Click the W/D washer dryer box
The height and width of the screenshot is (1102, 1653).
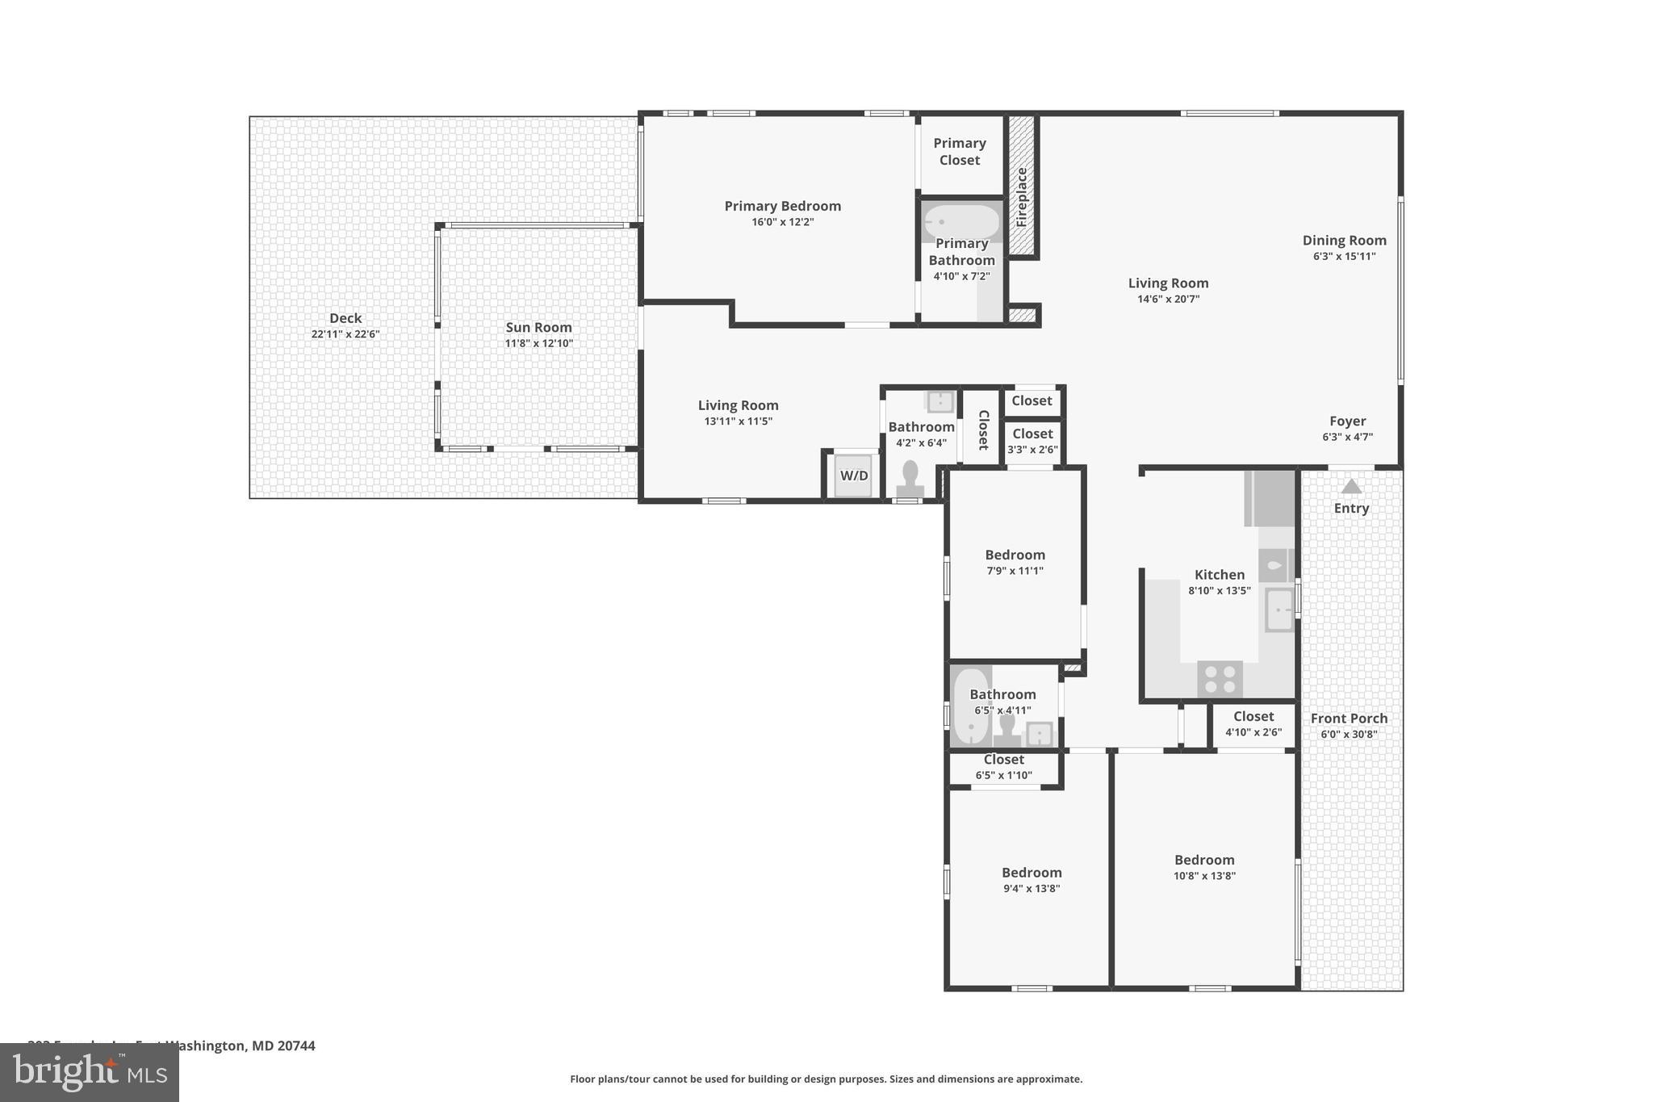854,476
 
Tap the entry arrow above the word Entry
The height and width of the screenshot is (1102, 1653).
1351,486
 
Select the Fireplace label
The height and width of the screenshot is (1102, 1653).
1021,197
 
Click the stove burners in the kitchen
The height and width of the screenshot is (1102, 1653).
1220,678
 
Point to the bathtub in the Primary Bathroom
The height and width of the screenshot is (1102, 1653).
961,221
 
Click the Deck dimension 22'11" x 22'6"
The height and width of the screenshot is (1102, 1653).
345,334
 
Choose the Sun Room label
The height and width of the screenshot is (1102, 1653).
538,327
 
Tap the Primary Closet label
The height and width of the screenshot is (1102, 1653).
960,152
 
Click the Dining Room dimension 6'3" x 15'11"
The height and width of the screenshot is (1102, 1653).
1344,257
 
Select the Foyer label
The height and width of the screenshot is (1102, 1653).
1347,421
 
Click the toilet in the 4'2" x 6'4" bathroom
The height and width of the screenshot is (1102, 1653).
910,478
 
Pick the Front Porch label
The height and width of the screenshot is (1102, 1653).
1349,718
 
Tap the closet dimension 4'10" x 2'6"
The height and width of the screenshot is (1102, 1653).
1253,732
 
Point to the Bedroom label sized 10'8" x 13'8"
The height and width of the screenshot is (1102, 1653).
1204,860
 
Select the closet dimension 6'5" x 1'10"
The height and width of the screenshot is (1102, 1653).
1003,775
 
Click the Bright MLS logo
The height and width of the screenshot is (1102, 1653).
89,1072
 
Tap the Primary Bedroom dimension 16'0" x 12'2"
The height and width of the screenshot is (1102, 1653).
782,222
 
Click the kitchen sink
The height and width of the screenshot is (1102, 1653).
1279,610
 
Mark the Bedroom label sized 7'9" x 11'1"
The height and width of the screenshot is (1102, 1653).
1015,555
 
